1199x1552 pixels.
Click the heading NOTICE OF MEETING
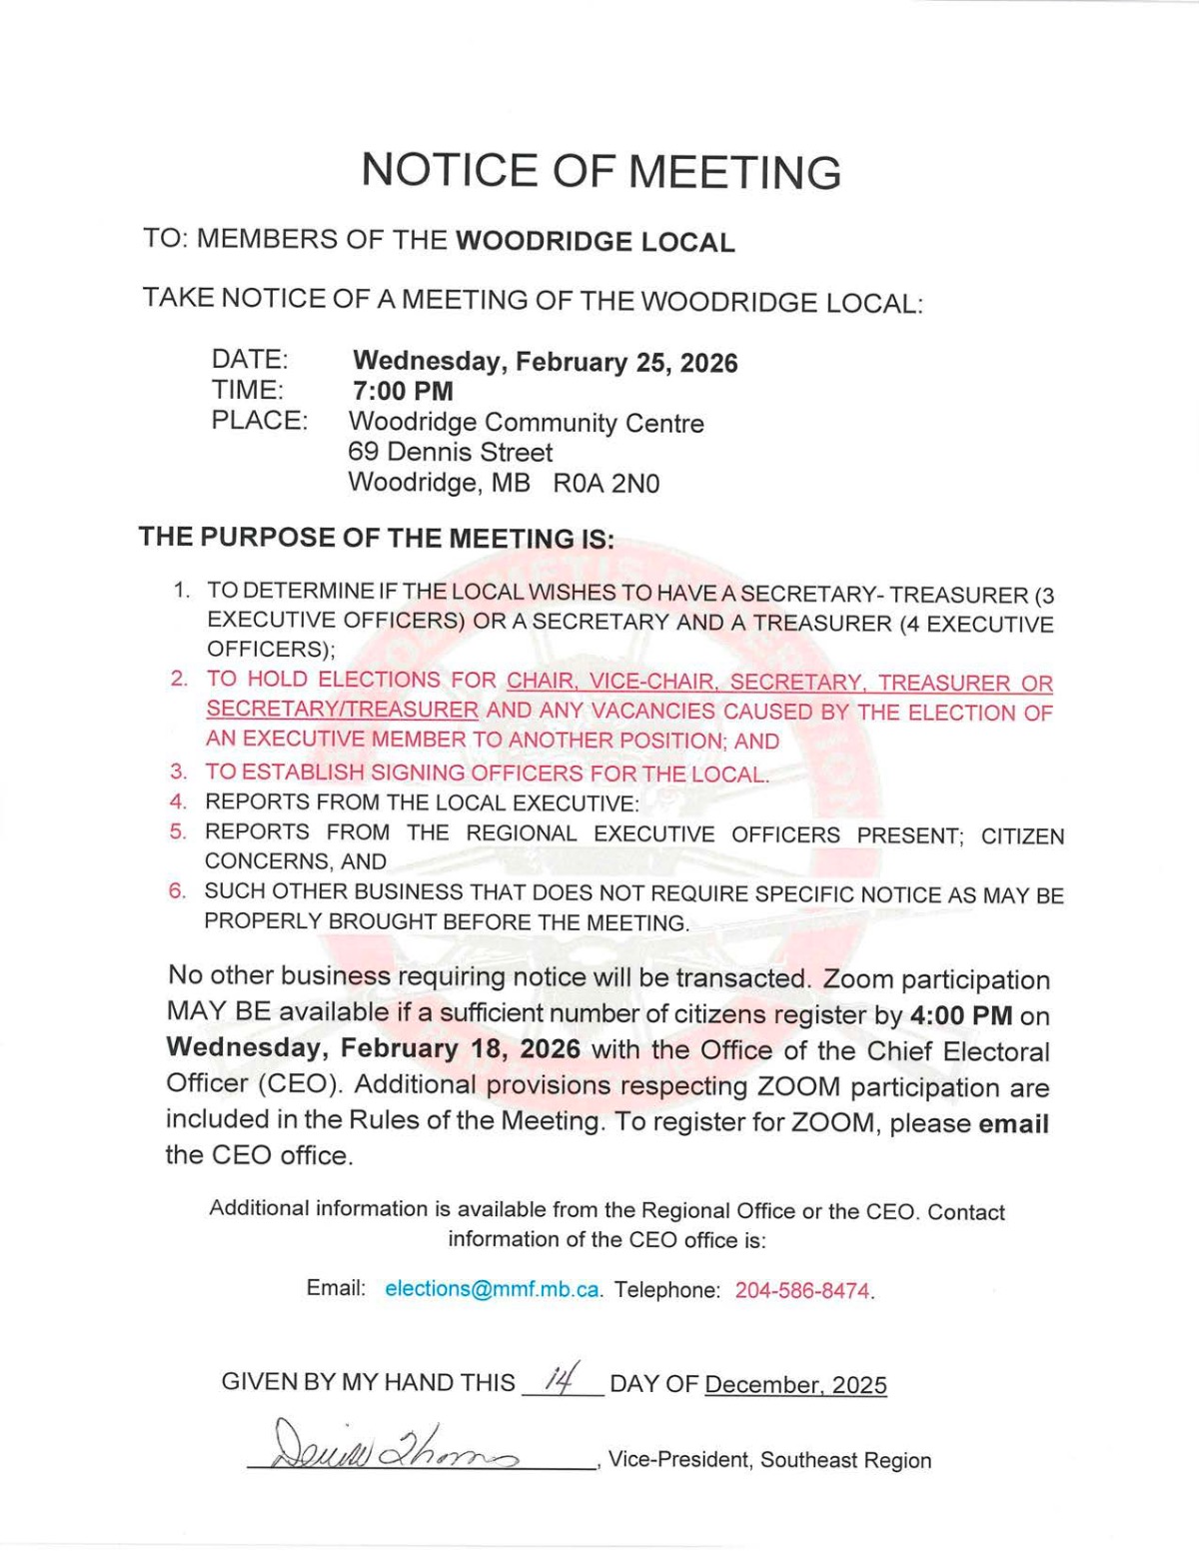click(600, 171)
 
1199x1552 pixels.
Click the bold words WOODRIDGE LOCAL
click(595, 242)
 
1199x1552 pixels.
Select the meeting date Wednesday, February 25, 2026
click(545, 362)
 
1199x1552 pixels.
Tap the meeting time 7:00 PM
click(403, 391)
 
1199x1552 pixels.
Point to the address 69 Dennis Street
click(450, 453)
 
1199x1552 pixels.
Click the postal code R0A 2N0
click(606, 484)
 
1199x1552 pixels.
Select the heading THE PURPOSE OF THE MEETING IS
click(377, 538)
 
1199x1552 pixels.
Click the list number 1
click(181, 590)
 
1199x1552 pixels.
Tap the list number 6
click(177, 890)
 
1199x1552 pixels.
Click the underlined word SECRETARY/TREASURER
click(342, 711)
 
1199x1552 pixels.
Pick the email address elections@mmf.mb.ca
click(492, 1289)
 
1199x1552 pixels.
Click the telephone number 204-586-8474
click(802, 1290)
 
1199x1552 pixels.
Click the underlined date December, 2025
click(795, 1385)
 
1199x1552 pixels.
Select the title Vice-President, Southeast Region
click(769, 1460)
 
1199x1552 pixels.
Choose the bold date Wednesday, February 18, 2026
click(373, 1048)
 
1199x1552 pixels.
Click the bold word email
click(1013, 1124)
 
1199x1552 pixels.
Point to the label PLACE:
click(259, 421)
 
